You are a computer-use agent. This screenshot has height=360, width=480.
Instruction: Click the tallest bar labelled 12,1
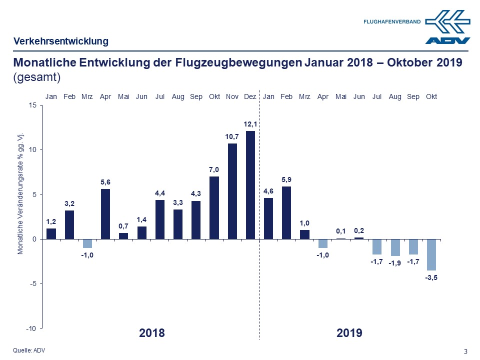(x=250, y=185)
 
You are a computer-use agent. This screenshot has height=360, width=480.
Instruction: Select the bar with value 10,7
(x=232, y=191)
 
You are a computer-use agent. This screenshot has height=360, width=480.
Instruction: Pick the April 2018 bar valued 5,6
(x=105, y=214)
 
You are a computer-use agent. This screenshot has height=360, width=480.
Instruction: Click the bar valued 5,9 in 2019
(x=286, y=212)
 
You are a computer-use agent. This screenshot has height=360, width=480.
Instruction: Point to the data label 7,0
(x=214, y=170)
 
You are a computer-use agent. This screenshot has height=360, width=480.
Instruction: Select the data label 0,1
(x=341, y=231)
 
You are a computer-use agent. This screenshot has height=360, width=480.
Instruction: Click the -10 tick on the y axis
(x=31, y=328)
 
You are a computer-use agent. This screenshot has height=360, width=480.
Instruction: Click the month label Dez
(x=250, y=96)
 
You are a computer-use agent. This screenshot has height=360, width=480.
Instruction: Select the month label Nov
(x=232, y=96)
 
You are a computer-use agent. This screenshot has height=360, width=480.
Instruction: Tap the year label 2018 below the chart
(x=151, y=333)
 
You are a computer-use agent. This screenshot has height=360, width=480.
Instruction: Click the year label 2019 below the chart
(x=349, y=333)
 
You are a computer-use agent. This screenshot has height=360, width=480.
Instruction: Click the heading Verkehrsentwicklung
(x=60, y=41)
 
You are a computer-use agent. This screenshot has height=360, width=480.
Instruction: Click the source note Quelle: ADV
(x=28, y=350)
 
